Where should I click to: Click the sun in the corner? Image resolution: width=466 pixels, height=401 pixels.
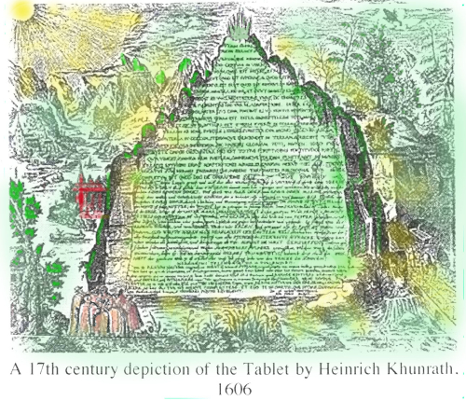click(17, 13)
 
